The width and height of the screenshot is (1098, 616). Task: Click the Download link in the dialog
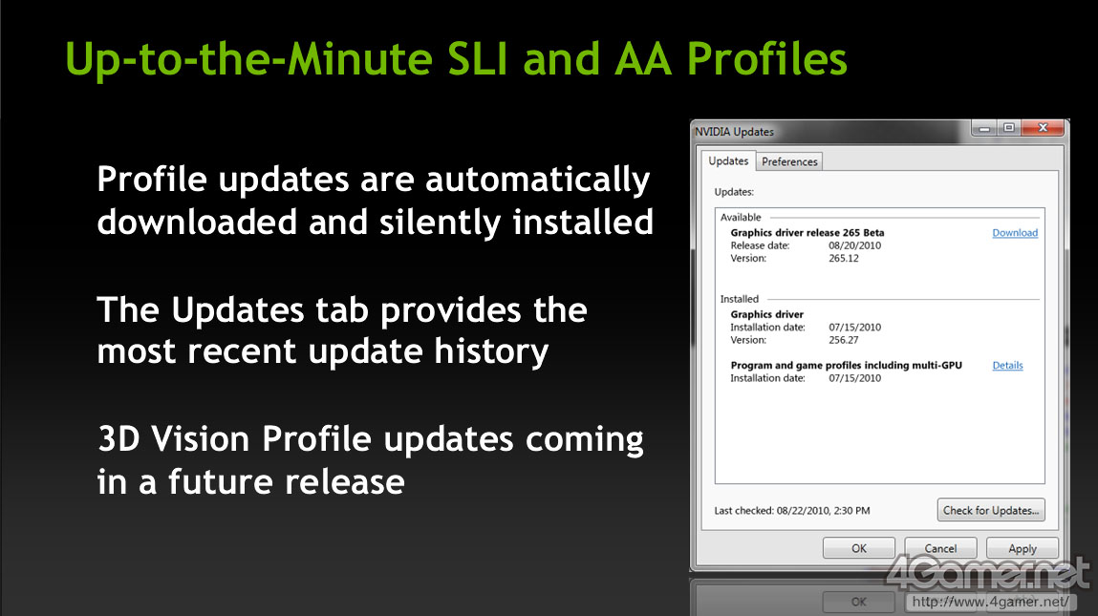coord(1015,232)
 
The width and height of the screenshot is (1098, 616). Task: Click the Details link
coord(1007,365)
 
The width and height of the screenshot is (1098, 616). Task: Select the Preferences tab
coord(789,161)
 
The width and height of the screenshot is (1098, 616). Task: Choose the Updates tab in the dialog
coord(728,161)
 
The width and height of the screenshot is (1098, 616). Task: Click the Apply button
coord(1022,548)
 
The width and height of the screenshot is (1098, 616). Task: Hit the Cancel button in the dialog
coord(940,548)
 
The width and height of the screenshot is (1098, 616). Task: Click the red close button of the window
coord(1043,127)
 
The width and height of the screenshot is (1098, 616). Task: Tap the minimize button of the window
coord(984,128)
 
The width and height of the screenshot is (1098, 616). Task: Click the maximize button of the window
coord(1009,127)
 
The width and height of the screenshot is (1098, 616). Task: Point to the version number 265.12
coord(844,258)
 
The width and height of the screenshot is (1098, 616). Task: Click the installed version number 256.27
coord(844,340)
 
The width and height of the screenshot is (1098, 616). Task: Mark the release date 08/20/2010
coord(855,245)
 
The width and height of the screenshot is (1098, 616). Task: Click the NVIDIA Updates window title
coord(734,132)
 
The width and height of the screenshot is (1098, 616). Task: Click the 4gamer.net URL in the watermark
coord(990,602)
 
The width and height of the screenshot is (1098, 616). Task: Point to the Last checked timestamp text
coord(792,510)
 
